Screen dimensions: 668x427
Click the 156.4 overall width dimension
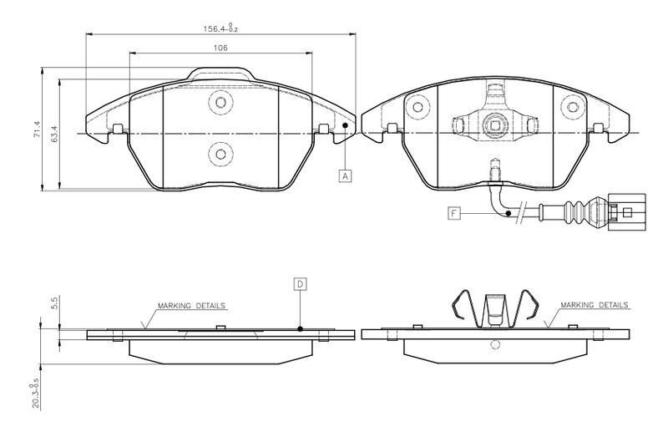coord(220,28)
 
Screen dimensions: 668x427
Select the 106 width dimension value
coord(220,48)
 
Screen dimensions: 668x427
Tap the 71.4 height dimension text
coord(37,130)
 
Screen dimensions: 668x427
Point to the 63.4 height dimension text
coord(54,134)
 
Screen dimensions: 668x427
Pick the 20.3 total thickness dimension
coord(36,394)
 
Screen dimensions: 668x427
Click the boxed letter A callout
coord(346,175)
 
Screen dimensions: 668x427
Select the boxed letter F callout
coord(454,212)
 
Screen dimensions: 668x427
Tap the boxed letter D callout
coord(301,284)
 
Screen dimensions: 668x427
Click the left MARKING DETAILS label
coord(191,306)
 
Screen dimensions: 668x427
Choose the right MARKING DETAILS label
coord(594,305)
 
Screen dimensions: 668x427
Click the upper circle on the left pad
coord(220,102)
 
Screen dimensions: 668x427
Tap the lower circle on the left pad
coord(220,154)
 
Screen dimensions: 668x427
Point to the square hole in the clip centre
coord(494,125)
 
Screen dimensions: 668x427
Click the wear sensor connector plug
coord(627,211)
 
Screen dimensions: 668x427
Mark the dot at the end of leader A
coord(345,125)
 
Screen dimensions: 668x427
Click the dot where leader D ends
coord(301,328)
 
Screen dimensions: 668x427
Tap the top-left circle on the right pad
coord(417,107)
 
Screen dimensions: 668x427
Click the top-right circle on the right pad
coord(573,107)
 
